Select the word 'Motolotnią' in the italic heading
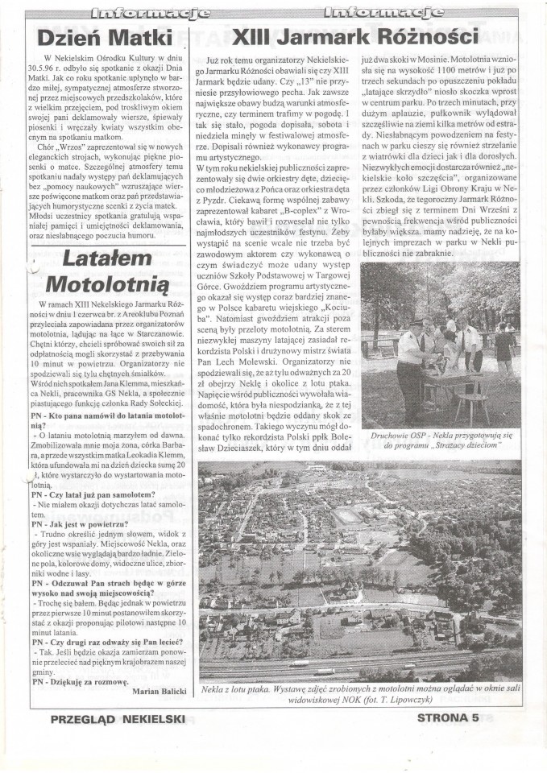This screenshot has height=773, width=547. [106, 284]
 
